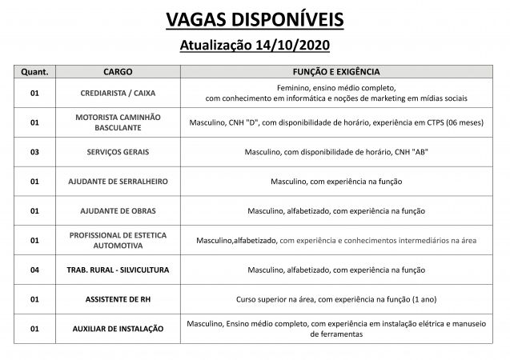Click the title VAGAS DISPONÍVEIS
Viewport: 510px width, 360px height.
[x=255, y=18]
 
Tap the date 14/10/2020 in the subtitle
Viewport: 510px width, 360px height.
[x=290, y=46]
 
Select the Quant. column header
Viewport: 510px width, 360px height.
[x=34, y=72]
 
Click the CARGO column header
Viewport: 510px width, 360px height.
[x=118, y=72]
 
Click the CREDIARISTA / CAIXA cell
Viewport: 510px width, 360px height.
[x=118, y=92]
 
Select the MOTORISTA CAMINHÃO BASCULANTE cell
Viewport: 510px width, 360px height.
[x=118, y=122]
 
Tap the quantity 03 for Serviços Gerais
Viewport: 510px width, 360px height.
[x=34, y=151]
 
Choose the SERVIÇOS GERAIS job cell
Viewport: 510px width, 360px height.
[x=118, y=151]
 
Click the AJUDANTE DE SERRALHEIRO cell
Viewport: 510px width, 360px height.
[x=118, y=181]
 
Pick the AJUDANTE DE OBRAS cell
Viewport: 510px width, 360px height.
[x=118, y=210]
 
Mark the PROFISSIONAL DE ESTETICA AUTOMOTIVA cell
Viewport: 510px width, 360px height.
[x=118, y=240]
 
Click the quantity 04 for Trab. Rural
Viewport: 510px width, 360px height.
[x=34, y=270]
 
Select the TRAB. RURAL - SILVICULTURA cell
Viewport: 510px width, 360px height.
[x=118, y=270]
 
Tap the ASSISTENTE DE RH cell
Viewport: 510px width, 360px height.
[x=118, y=299]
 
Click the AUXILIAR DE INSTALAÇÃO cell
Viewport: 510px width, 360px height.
[x=118, y=329]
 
